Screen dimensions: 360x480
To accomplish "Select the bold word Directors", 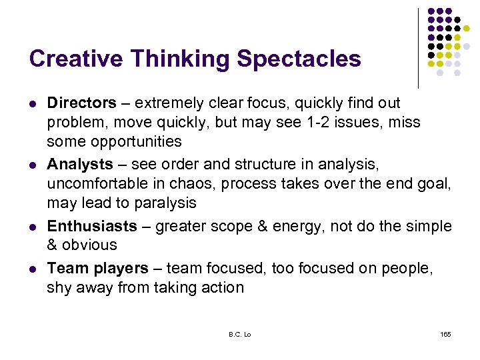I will coord(81,103).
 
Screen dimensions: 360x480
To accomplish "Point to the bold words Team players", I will coord(97,268).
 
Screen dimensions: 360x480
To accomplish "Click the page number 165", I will coord(445,333).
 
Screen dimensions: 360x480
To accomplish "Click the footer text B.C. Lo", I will coord(240,333).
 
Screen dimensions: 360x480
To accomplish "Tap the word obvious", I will coord(89,245).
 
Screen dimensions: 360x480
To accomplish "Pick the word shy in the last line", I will coord(59,287).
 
